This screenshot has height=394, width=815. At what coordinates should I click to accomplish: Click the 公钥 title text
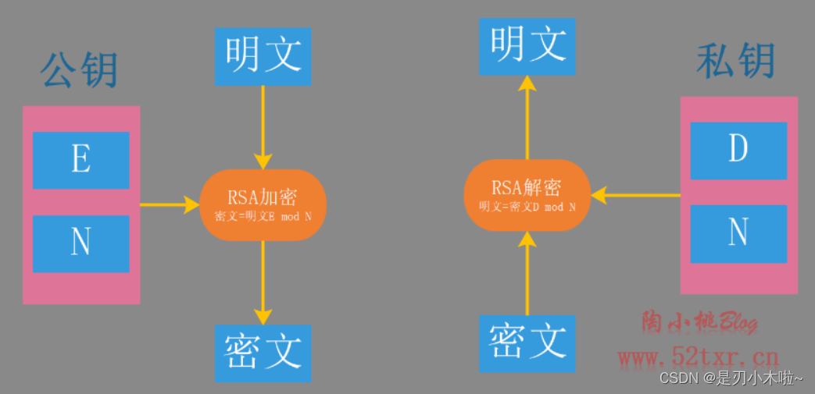[x=78, y=71]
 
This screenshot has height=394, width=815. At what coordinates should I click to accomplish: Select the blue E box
[x=80, y=160]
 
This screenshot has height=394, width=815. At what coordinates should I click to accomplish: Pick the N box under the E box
[x=80, y=243]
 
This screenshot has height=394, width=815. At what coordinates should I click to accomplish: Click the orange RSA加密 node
[x=263, y=204]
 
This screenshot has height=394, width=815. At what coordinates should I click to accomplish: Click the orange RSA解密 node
[x=527, y=194]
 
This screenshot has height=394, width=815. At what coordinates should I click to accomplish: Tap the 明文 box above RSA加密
[x=263, y=56]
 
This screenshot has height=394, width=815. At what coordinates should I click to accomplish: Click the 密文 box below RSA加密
[x=263, y=353]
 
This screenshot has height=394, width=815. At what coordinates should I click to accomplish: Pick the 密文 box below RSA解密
[x=527, y=343]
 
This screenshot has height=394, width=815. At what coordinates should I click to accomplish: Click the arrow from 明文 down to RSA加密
[x=263, y=125]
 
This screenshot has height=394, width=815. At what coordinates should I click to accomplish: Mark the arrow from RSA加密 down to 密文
[x=263, y=281]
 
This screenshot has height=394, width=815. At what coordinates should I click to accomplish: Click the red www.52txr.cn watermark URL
[x=698, y=358]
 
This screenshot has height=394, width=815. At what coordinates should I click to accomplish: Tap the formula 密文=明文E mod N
[x=263, y=215]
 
